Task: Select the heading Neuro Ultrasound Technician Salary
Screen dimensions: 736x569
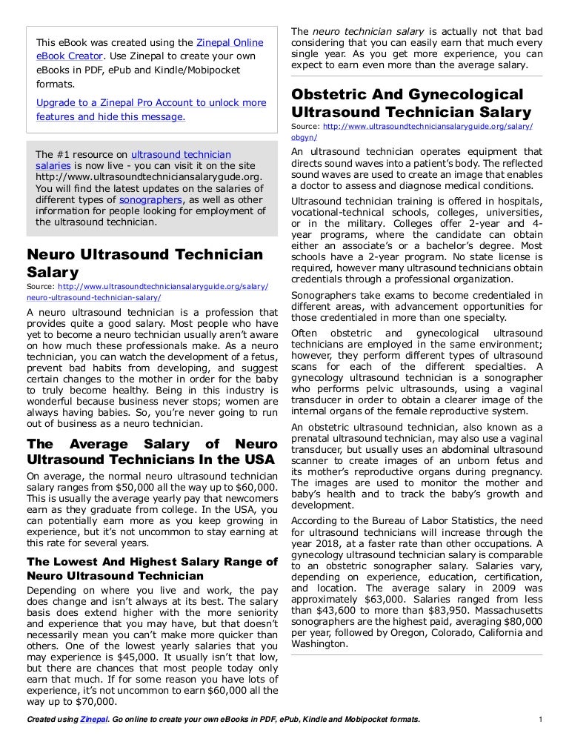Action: [x=144, y=262]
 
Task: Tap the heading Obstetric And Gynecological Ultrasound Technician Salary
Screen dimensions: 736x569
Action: [x=412, y=104]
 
